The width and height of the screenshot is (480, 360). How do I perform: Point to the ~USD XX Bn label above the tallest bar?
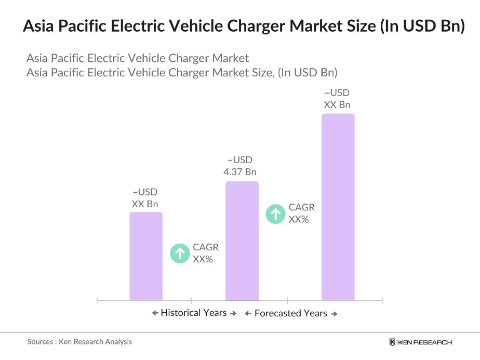tap(337, 99)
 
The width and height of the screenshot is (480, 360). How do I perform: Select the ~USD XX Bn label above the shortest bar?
tap(145, 198)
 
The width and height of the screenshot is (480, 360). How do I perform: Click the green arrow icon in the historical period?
tap(180, 254)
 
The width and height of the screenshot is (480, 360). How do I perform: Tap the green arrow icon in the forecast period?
tap(276, 214)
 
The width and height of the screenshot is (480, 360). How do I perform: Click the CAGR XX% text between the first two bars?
tap(205, 253)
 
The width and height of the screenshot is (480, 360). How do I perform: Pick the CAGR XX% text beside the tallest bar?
tap(301, 214)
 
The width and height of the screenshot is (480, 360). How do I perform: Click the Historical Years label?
tap(194, 313)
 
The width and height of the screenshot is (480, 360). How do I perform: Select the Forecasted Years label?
tap(291, 313)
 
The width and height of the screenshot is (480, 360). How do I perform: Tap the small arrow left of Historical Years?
tap(155, 313)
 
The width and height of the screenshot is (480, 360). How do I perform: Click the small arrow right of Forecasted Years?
tap(334, 314)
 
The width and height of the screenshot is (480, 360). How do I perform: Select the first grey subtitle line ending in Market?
tap(138, 58)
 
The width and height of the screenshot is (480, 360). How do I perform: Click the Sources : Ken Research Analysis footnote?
tap(79, 341)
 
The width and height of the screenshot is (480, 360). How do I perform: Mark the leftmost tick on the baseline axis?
tap(98, 300)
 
